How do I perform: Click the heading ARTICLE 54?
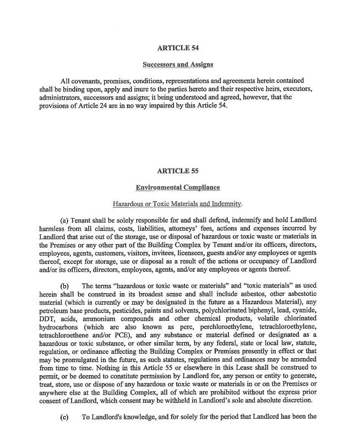[177, 48]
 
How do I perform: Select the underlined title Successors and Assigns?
[177, 64]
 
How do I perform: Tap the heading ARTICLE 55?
[177, 171]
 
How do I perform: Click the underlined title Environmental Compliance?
[177, 187]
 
